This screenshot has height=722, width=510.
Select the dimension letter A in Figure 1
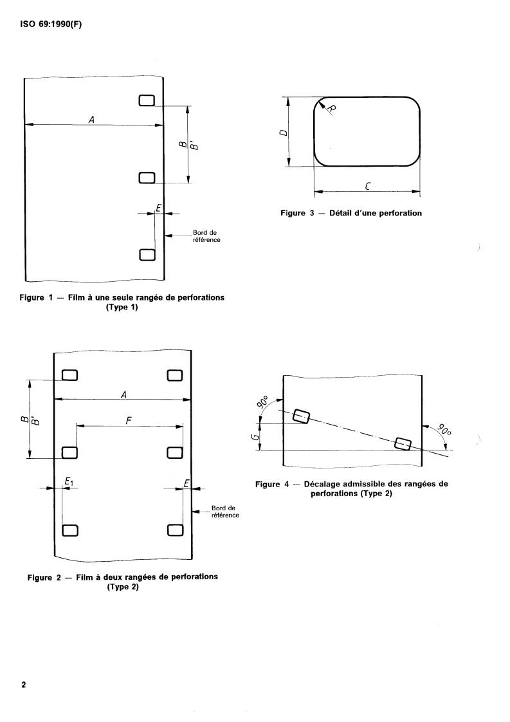click(x=91, y=119)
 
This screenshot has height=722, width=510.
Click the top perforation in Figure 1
click(x=147, y=100)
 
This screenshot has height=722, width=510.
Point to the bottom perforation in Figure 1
click(x=147, y=255)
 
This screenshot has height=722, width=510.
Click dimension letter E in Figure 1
click(x=158, y=207)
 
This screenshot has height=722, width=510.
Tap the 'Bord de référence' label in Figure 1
click(x=206, y=236)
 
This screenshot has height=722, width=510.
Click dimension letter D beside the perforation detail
click(x=283, y=133)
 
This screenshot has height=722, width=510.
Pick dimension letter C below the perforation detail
click(x=366, y=185)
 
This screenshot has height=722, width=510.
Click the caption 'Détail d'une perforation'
click(x=376, y=213)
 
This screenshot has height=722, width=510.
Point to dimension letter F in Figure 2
click(x=129, y=420)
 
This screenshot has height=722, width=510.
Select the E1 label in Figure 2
click(x=69, y=481)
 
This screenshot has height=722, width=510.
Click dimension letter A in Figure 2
click(x=122, y=393)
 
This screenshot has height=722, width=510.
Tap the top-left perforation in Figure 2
click(x=69, y=375)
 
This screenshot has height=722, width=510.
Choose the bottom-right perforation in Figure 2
click(x=175, y=530)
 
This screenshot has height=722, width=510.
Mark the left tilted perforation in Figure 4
click(x=300, y=416)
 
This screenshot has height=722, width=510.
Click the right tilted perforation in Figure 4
click(x=403, y=443)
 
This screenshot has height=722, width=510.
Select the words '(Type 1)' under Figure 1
click(x=122, y=307)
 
